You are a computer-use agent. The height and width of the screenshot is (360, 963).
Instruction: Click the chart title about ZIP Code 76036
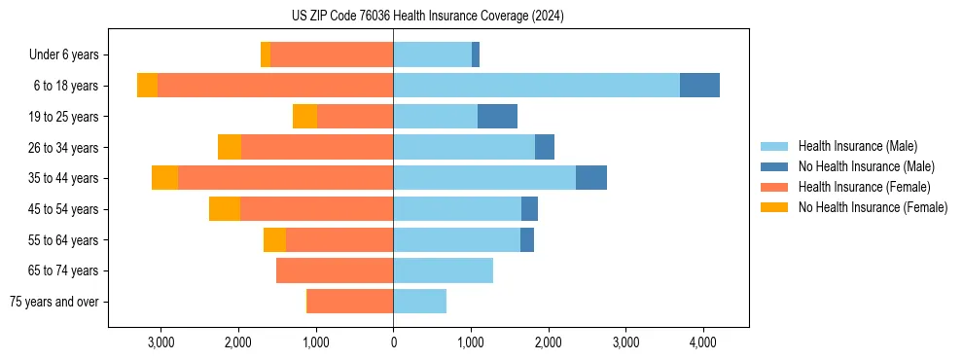pyautogui.click(x=427, y=17)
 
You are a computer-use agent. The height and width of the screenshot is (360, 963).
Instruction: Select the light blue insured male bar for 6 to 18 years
pyautogui.click(x=536, y=86)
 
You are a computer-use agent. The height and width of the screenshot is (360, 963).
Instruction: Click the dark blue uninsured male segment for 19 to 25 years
pyautogui.click(x=497, y=117)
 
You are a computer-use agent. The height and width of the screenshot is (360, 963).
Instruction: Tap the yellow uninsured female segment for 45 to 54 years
pyautogui.click(x=225, y=209)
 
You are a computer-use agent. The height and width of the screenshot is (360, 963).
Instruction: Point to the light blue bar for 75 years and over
pyautogui.click(x=419, y=302)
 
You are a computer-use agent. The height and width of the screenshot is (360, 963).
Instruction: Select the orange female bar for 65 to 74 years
pyautogui.click(x=335, y=270)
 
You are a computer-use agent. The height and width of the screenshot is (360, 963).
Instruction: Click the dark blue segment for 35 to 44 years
pyautogui.click(x=591, y=178)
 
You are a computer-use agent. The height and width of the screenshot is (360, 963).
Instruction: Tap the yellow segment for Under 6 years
pyautogui.click(x=266, y=55)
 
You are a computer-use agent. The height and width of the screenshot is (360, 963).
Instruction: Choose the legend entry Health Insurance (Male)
pyautogui.click(x=857, y=147)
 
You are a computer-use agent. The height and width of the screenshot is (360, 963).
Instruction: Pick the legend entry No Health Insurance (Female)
pyautogui.click(x=873, y=207)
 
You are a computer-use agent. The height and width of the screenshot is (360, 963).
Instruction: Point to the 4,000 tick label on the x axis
pyautogui.click(x=703, y=342)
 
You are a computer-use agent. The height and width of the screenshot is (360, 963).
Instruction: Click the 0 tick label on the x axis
pyautogui.click(x=393, y=342)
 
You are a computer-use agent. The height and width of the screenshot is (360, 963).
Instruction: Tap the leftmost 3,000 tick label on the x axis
pyautogui.click(x=160, y=342)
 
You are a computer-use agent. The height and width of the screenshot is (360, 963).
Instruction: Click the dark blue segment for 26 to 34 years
pyautogui.click(x=545, y=148)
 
